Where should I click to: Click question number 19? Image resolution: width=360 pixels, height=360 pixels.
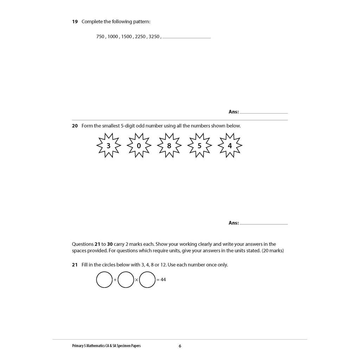[x=75, y=22]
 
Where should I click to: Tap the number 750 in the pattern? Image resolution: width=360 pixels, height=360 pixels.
[x=100, y=37]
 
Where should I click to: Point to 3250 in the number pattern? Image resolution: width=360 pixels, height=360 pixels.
[x=154, y=37]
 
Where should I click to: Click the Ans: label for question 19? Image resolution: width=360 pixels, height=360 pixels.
[x=233, y=112]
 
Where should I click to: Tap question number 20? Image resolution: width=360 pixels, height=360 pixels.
[x=75, y=126]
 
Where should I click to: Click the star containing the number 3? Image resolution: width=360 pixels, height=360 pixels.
[x=108, y=146]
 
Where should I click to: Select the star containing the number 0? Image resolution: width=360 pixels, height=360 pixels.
[x=139, y=146]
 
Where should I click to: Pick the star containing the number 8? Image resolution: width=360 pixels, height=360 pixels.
[x=169, y=146]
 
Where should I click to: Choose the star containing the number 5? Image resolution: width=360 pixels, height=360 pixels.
[x=199, y=146]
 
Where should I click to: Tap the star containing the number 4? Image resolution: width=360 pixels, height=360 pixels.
[x=230, y=146]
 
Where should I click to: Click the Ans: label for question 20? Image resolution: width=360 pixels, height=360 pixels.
[x=233, y=223]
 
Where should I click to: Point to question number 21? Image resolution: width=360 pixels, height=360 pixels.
[x=75, y=265]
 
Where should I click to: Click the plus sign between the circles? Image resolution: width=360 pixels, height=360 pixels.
[x=115, y=280]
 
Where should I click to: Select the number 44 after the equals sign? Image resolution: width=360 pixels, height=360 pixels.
[x=163, y=280]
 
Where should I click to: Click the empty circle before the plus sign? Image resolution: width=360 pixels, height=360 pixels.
[x=104, y=280]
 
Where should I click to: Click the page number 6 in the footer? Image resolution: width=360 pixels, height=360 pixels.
[x=180, y=346]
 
